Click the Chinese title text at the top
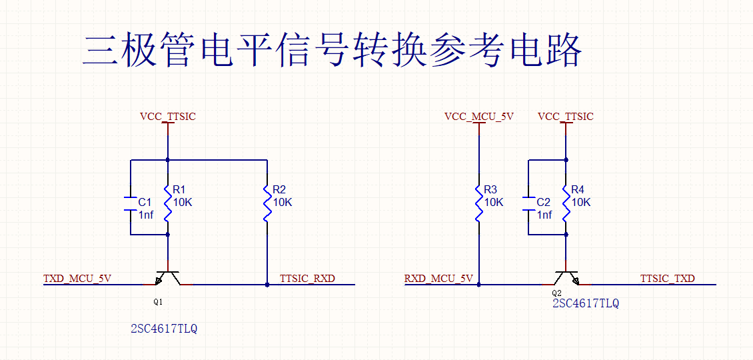click(x=332, y=50)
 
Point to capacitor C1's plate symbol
click(x=130, y=203)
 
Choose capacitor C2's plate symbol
click(x=528, y=203)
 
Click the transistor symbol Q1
click(x=168, y=278)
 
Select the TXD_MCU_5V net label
click(x=77, y=278)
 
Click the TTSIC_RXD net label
click(x=307, y=278)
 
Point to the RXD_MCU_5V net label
click(x=438, y=278)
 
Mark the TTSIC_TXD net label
click(x=667, y=278)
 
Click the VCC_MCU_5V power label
click(x=479, y=117)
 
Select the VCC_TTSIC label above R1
click(x=168, y=117)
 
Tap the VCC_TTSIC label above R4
click(x=565, y=117)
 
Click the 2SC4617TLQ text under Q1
click(x=164, y=329)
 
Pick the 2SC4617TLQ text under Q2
click(x=586, y=303)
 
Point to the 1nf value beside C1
click(x=146, y=215)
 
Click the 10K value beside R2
click(x=283, y=202)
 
